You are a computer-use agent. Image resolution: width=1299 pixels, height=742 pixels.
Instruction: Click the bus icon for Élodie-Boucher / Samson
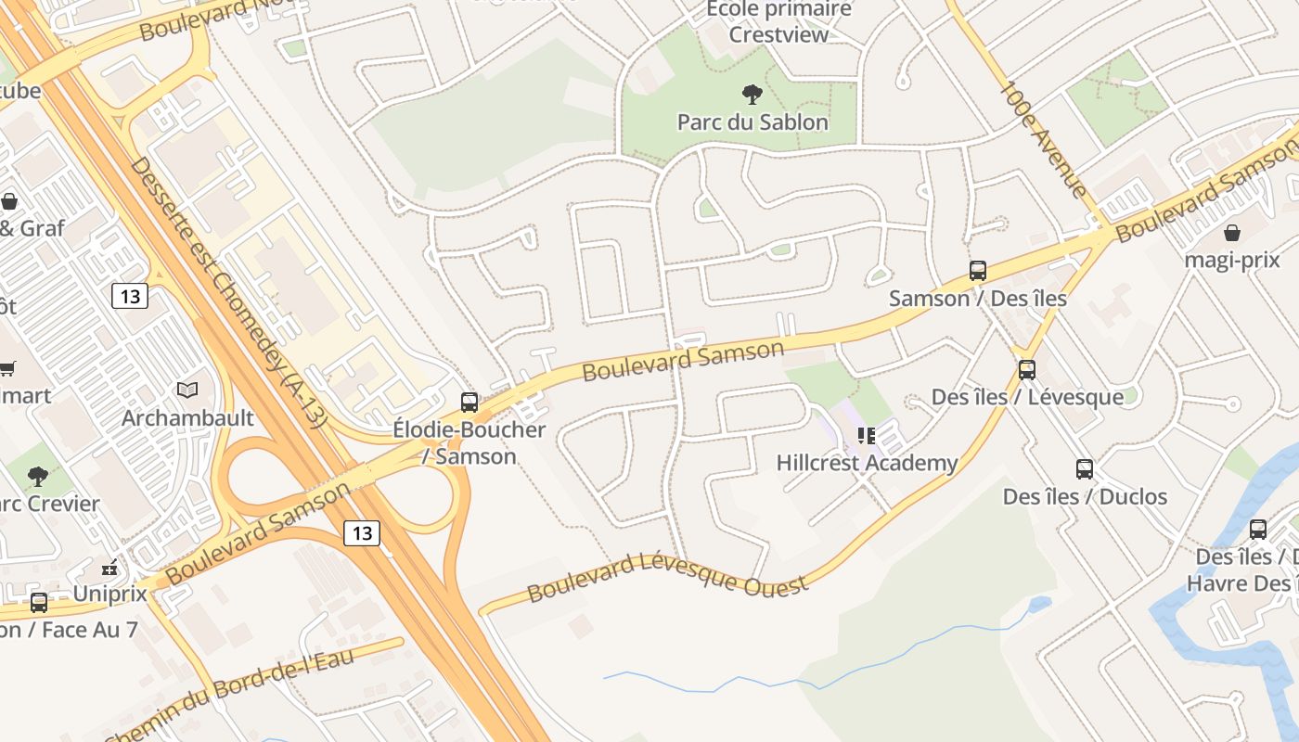tap(469, 403)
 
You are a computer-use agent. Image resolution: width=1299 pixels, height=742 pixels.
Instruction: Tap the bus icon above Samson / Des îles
tap(978, 271)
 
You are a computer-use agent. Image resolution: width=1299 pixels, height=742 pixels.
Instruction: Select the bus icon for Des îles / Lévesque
tap(1027, 370)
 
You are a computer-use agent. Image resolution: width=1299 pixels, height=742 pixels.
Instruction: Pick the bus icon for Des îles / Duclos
tap(1085, 469)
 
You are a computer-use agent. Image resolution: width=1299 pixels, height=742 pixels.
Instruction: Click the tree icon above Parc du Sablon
tap(752, 94)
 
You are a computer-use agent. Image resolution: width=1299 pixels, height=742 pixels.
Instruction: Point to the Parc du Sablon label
tap(752, 122)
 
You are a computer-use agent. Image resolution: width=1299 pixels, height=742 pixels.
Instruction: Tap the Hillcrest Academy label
tap(867, 463)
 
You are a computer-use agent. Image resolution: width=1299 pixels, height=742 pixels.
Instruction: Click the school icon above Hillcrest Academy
tap(867, 436)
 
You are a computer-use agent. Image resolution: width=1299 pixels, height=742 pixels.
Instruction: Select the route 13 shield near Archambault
tap(130, 296)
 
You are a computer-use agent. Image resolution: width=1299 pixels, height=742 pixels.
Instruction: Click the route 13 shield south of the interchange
tap(362, 533)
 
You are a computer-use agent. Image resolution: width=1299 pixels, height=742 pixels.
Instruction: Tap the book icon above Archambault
tap(187, 390)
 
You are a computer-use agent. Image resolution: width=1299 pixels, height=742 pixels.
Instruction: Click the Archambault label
tap(187, 418)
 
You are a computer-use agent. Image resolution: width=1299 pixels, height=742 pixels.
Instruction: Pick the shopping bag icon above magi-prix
tap(1232, 233)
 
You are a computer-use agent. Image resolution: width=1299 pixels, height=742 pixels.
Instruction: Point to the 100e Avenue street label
tap(1044, 139)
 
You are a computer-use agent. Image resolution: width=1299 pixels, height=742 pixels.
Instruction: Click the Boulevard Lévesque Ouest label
tap(668, 575)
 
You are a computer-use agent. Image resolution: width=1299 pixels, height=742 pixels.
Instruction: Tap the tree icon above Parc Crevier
tap(38, 477)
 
